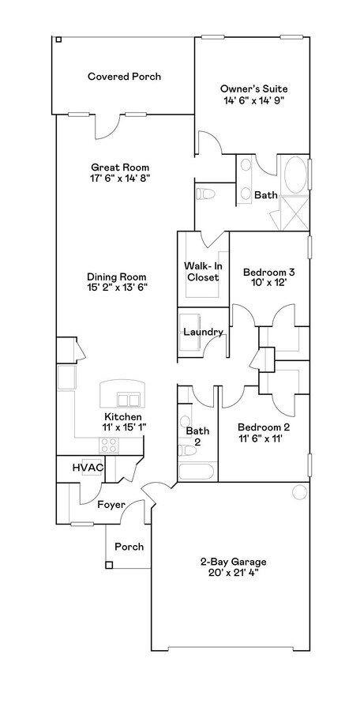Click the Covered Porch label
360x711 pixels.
(124, 77)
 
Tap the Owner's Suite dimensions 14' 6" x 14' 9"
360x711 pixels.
(253, 100)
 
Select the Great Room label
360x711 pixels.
(120, 167)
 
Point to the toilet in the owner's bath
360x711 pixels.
(206, 194)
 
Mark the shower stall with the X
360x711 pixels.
(294, 213)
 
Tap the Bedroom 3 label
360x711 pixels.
(269, 273)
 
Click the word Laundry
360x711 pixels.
(203, 332)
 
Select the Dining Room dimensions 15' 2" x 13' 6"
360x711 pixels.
(118, 287)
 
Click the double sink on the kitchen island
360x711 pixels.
(129, 400)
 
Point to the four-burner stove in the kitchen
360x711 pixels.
(109, 445)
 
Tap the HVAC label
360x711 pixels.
(88, 467)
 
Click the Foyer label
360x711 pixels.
(111, 505)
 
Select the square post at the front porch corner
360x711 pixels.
(108, 565)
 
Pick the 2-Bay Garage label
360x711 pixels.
(234, 562)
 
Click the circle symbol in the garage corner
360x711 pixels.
(300, 492)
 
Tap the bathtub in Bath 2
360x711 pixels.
(196, 472)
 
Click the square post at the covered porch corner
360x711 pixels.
(58, 39)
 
